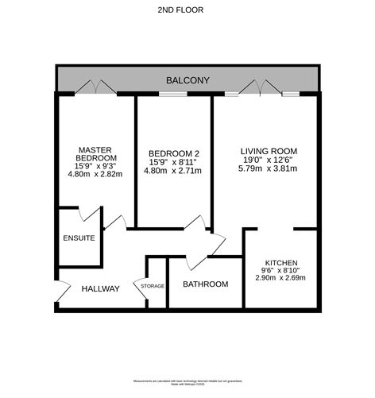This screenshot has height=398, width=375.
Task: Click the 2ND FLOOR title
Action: [x=187, y=10]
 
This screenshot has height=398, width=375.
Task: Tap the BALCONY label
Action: [x=187, y=81]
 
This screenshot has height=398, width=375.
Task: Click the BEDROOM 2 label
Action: [x=172, y=153]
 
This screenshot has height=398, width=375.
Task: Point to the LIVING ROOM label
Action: [x=269, y=150]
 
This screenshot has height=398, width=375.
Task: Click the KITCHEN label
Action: [x=281, y=262]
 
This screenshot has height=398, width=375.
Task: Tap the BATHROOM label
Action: [x=205, y=284]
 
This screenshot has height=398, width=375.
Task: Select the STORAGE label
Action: [x=153, y=286]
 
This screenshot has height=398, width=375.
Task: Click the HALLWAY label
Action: [x=100, y=289]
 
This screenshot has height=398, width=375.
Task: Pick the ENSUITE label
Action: [x=79, y=238]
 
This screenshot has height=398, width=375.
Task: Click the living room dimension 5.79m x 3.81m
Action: [x=269, y=169]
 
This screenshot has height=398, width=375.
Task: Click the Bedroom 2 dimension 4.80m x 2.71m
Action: [x=172, y=172]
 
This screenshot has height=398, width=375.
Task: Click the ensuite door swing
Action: [x=91, y=215]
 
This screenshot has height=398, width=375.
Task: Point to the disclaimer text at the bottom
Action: [x=187, y=383]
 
